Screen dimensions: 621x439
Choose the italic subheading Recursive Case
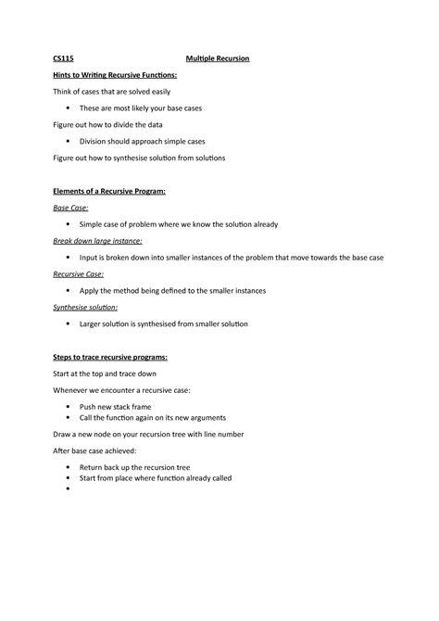[x=78, y=274]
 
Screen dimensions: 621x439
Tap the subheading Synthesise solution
[x=85, y=307]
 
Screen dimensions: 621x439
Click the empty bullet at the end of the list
[x=69, y=488]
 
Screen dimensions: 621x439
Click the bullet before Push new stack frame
[x=69, y=407]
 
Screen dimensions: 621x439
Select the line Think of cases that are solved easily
[x=111, y=92]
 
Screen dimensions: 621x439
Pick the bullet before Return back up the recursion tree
[x=69, y=467]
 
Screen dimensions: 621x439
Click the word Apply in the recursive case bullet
[x=91, y=290]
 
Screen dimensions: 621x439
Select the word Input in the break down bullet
[x=90, y=257]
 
